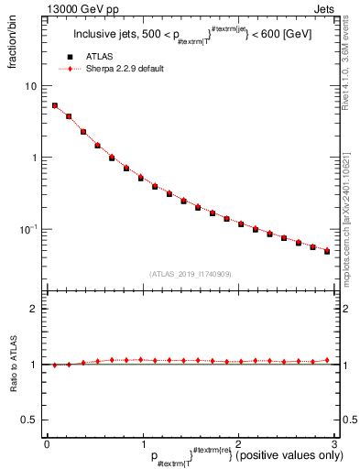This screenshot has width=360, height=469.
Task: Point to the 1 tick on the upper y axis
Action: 35,158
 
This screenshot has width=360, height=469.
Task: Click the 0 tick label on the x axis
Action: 47,444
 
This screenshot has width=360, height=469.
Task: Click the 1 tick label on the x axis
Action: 142,444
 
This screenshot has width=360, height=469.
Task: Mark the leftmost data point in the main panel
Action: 55,105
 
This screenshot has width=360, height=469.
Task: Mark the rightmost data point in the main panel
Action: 327,250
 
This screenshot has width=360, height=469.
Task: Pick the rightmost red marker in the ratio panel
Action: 327,360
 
